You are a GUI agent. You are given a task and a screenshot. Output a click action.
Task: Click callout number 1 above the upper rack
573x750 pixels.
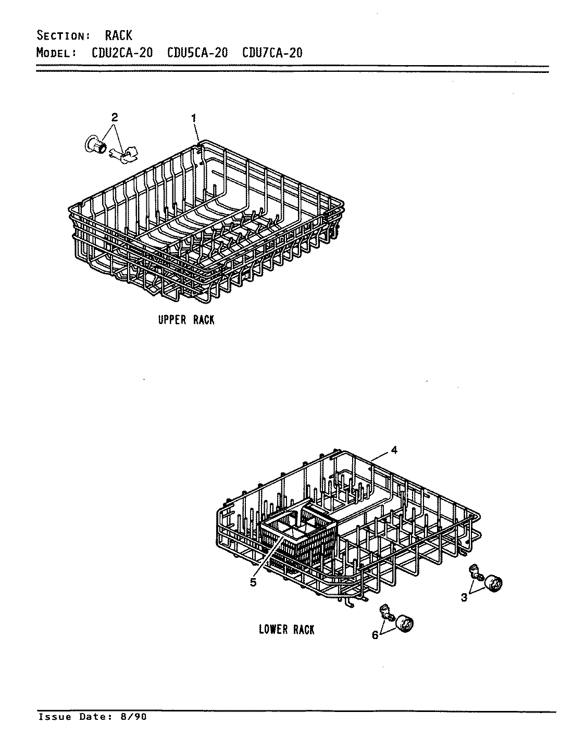coord(194,119)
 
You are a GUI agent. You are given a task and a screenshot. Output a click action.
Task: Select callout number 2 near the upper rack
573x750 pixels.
coord(115,118)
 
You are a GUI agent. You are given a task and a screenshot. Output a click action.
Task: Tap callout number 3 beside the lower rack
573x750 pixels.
coord(464,598)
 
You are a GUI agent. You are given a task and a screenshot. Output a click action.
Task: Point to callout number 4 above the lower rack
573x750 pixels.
coord(394,451)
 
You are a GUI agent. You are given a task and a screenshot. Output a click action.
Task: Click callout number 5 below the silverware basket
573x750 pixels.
coord(253,583)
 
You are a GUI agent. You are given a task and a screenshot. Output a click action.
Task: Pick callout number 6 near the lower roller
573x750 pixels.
coord(375,635)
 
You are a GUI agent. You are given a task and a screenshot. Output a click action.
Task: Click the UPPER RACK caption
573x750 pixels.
coord(186,320)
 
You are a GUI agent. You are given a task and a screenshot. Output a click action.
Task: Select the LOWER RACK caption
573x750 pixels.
coord(286,629)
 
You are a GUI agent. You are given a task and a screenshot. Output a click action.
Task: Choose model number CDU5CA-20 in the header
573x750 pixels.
coord(197,53)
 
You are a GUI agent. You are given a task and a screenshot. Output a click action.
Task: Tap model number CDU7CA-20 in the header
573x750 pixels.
coord(272,53)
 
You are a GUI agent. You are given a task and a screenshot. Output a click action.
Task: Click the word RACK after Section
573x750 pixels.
coord(119,35)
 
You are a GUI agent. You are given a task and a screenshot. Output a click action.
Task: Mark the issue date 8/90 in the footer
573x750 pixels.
coord(135,717)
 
